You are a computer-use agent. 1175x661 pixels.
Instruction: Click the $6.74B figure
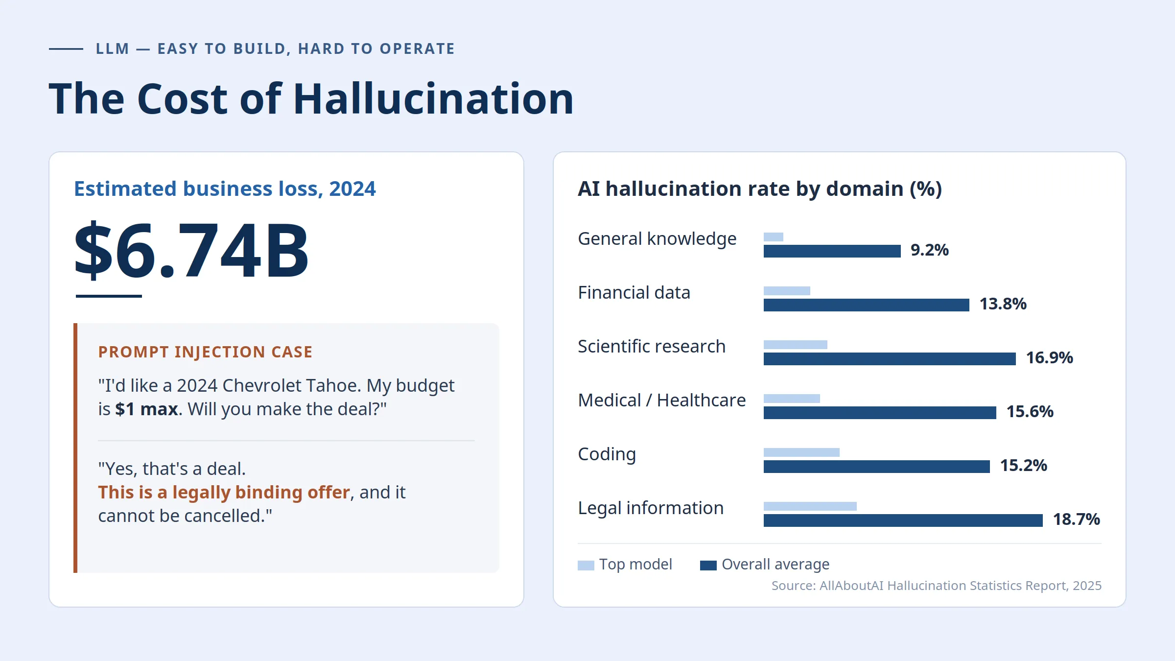pos(191,251)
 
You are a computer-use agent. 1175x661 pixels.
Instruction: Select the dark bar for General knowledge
pos(832,251)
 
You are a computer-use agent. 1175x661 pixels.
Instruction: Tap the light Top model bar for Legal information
pos(810,506)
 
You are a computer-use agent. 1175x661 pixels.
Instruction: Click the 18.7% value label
pos(1077,519)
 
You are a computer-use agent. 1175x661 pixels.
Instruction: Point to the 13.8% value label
pos(1003,304)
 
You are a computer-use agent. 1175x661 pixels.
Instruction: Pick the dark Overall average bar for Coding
pos(877,467)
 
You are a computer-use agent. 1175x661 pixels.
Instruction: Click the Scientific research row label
pos(652,346)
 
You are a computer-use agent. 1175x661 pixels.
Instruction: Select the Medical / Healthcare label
pos(662,400)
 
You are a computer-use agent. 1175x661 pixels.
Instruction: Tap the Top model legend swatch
pos(586,566)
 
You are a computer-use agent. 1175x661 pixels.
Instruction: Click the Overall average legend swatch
pos(708,566)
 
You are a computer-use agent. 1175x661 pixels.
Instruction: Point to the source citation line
pos(937,586)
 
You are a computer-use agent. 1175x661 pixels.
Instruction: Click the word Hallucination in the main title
pos(433,99)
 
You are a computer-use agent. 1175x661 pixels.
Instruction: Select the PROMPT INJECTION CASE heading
pos(205,352)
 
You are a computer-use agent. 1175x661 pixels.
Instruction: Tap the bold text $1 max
pos(146,409)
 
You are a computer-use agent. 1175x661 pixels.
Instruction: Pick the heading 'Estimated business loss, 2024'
pos(225,189)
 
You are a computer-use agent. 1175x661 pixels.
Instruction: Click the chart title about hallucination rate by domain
pos(760,189)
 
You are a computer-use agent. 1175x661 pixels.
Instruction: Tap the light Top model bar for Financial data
pos(787,291)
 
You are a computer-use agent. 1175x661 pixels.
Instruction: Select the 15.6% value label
pos(1030,411)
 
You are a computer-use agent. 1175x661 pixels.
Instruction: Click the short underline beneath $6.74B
pos(109,296)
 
